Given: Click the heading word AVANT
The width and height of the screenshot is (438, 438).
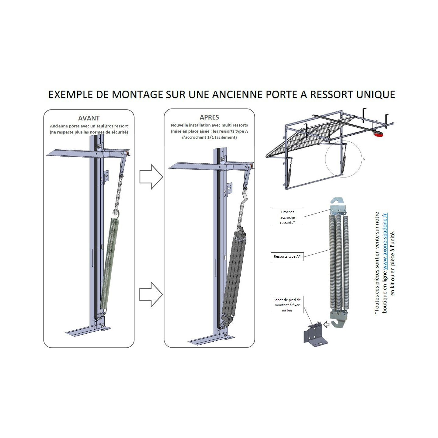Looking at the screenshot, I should tap(89, 118).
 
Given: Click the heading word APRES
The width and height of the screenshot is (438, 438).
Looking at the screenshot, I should tap(209, 117).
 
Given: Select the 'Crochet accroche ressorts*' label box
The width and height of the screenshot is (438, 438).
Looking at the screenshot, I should tap(287, 217).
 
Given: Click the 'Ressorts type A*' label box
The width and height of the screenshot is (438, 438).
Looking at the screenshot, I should tap(287, 256).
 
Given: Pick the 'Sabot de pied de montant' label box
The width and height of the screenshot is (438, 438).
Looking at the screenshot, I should tap(287, 305).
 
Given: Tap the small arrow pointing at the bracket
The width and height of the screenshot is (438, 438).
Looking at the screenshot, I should tap(326, 325).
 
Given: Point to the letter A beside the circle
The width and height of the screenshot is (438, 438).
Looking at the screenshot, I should tap(363, 159).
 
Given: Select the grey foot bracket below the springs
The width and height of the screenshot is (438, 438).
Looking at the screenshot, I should tap(315, 335).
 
